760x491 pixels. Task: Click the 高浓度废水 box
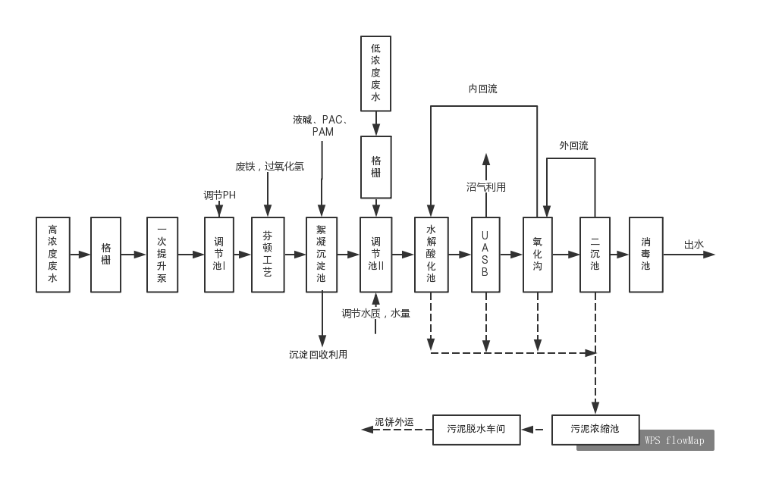coord(52,255)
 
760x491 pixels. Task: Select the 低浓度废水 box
coord(375,73)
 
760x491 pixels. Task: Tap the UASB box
coord(485,255)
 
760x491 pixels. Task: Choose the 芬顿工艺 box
coord(268,255)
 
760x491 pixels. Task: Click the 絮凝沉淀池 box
coord(322,255)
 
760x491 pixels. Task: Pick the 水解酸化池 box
coord(431,255)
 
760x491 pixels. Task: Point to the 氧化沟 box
coord(538,255)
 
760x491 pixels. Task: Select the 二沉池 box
coord(595,255)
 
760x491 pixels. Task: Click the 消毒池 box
coord(645,255)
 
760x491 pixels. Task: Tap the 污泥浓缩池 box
coord(595,430)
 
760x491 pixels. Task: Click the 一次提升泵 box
coord(162,255)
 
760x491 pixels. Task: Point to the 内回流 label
coord(483,89)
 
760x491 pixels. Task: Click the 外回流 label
coord(573,145)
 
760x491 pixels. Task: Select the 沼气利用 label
coord(486,187)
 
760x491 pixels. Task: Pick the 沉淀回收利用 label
coord(319,355)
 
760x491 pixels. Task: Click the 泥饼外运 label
coord(394,422)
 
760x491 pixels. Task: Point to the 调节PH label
coord(219,195)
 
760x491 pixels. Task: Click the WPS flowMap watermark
coord(674,440)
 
